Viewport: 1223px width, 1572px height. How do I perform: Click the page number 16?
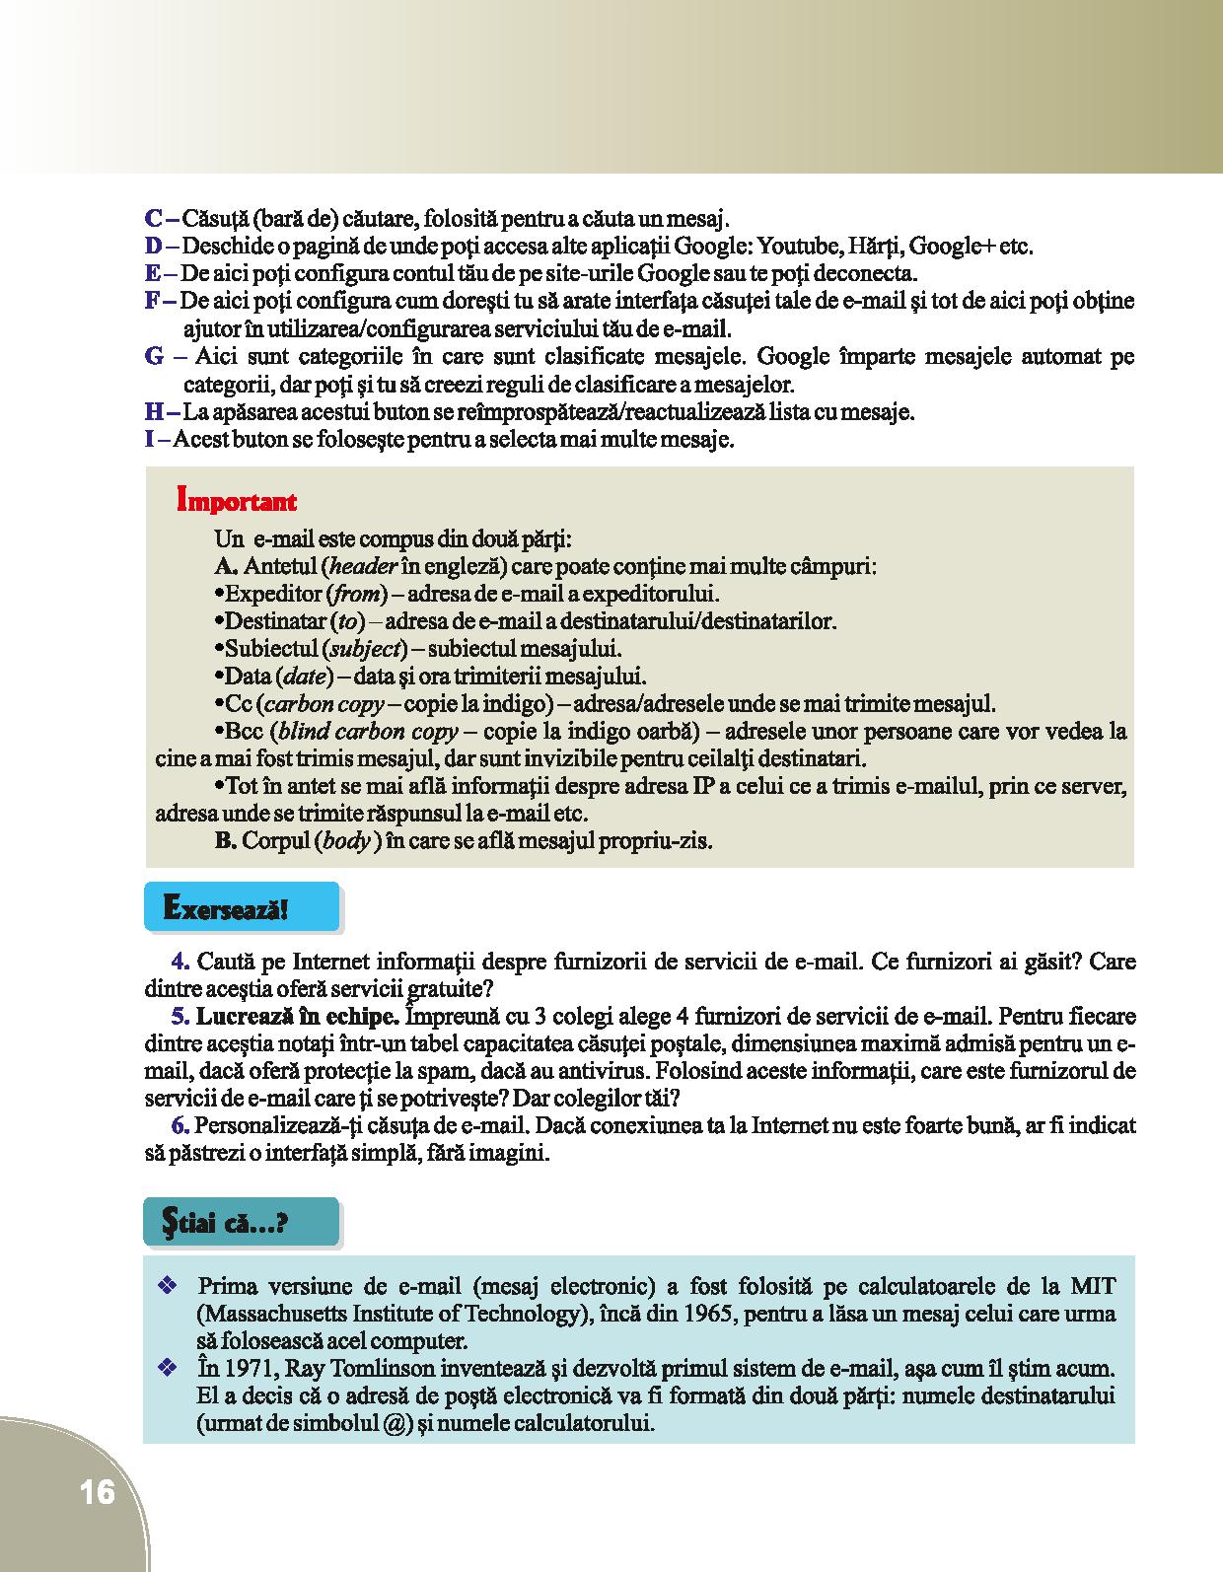tap(98, 1492)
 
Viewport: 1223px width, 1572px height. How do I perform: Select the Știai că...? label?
tap(224, 1224)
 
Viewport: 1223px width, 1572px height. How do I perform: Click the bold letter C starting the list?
tap(153, 219)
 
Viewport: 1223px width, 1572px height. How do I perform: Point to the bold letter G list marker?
tap(155, 357)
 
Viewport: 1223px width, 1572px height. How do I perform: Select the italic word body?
tap(345, 842)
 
